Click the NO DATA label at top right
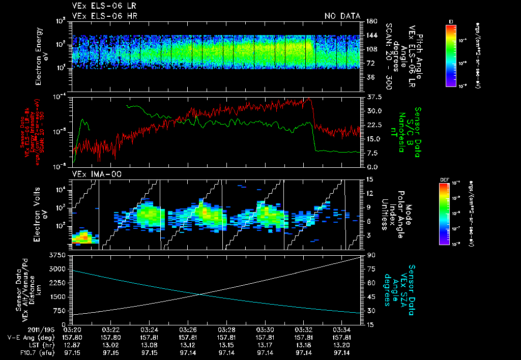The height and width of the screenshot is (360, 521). tap(342, 16)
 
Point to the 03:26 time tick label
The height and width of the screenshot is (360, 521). tap(188, 329)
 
